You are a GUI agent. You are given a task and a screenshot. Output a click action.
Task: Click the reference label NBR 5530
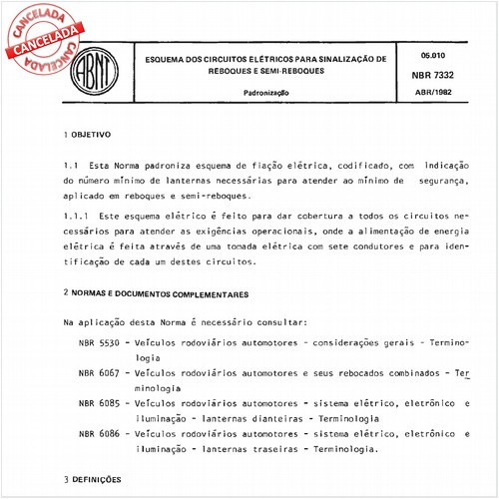(x=99, y=341)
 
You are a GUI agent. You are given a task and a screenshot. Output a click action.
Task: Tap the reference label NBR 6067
(x=99, y=371)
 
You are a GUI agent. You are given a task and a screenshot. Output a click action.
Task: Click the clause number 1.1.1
(x=77, y=216)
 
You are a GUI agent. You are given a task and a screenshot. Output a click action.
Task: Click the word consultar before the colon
(x=283, y=323)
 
